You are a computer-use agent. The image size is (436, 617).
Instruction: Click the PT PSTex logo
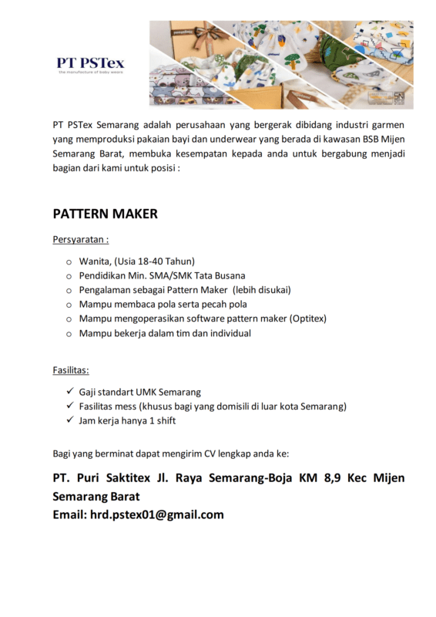(x=90, y=64)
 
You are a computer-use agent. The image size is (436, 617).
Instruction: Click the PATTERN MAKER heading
(x=105, y=214)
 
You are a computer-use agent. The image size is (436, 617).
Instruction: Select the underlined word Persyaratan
(x=80, y=240)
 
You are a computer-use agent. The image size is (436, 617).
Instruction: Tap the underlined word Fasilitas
(x=71, y=371)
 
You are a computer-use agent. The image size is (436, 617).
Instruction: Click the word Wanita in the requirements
(x=94, y=261)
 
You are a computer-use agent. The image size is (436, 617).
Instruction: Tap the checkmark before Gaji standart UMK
(x=70, y=392)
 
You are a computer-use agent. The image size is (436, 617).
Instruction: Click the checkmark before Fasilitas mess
(x=70, y=406)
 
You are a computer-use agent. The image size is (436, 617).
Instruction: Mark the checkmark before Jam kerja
(x=70, y=420)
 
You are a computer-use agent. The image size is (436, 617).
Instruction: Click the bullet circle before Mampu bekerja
(x=69, y=334)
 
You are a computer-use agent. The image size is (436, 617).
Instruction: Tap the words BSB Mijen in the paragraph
(x=383, y=139)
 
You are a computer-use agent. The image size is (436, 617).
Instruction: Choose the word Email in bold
(x=70, y=514)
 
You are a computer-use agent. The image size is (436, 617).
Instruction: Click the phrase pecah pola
(x=223, y=305)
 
